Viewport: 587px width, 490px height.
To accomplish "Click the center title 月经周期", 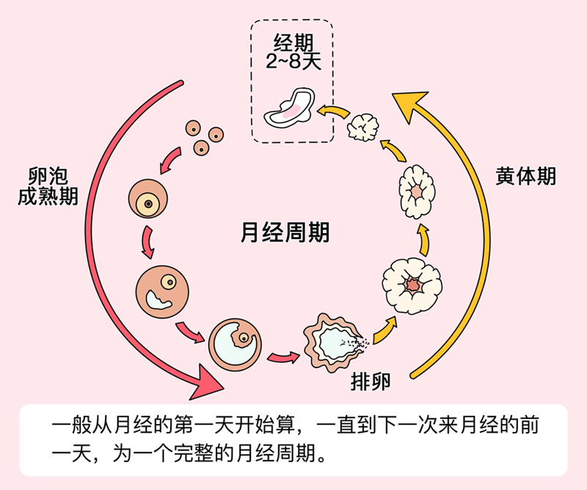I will coord(285,233).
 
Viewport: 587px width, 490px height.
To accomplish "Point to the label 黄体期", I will coord(525,176).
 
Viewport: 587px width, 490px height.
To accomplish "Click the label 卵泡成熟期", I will coord(48,186).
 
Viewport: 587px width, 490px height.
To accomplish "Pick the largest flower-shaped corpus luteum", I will coord(412,282).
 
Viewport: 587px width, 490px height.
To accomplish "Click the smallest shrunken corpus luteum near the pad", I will coord(364,127).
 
